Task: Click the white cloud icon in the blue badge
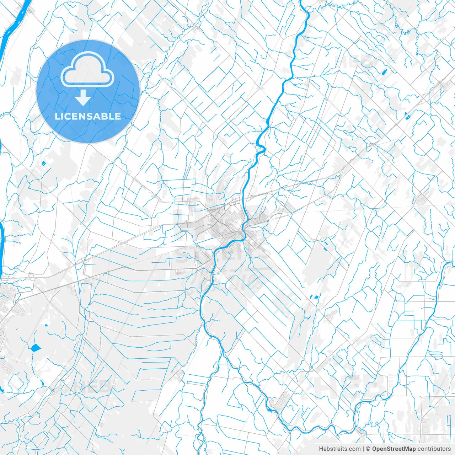point(87,70)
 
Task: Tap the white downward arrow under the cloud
point(83,98)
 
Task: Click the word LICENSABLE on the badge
point(88,116)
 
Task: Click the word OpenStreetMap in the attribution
point(394,449)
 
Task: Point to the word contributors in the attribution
point(434,449)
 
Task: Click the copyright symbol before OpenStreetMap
point(368,449)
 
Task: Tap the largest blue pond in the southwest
point(36,348)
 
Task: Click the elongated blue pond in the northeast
point(385,71)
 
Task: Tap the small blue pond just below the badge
point(44,163)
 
